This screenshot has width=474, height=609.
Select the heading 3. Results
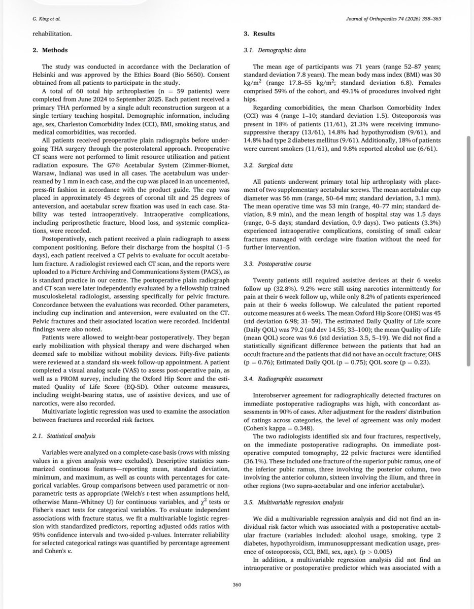[x=260, y=34]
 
